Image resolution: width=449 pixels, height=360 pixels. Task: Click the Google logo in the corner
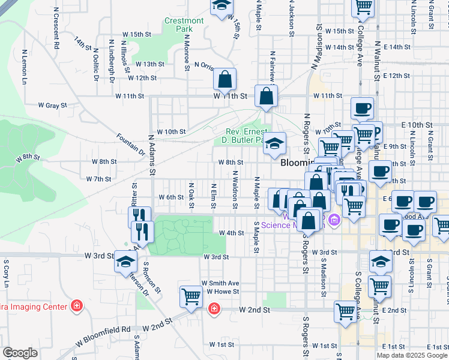coord(20,353)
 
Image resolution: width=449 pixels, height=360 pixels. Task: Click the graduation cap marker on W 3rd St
coord(125,262)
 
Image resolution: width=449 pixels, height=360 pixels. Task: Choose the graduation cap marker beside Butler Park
coord(275,143)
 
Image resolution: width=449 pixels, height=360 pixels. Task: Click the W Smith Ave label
coord(220,283)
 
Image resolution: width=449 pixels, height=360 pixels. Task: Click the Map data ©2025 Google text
coord(412,355)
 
